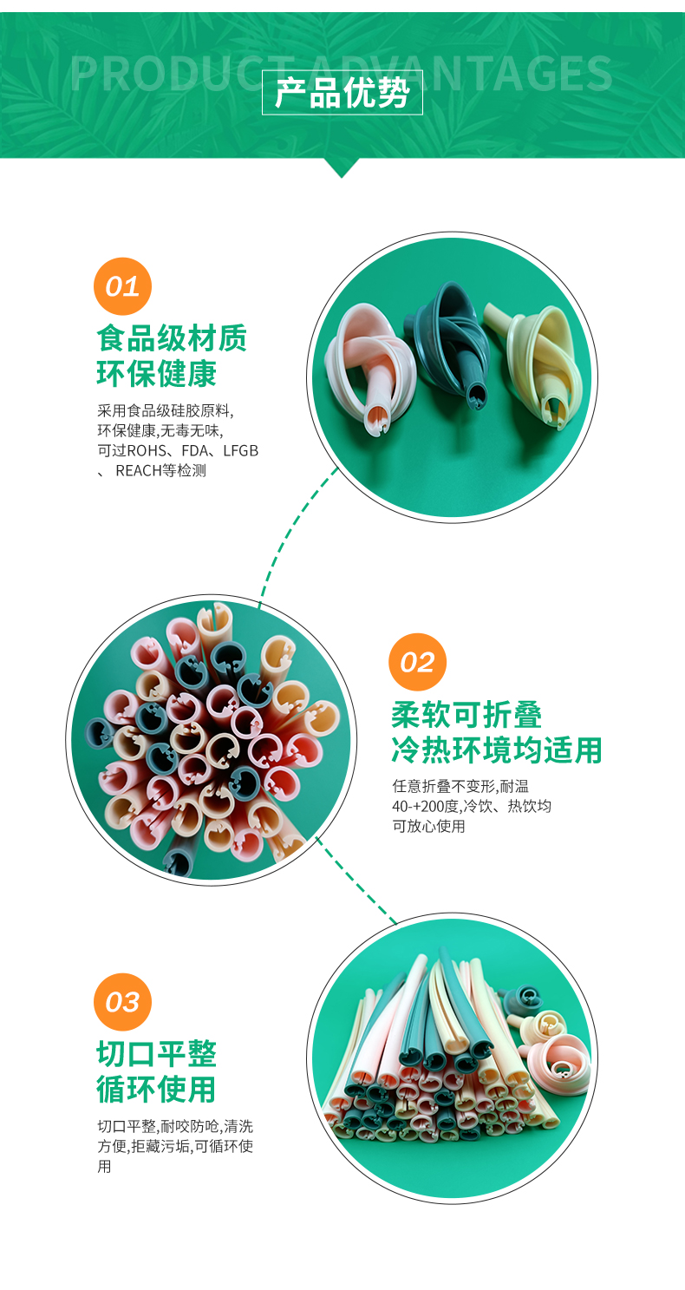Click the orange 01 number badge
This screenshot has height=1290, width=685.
tap(122, 286)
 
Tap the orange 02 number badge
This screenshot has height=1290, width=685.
tap(417, 662)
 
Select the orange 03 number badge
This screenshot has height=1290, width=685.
tap(122, 1001)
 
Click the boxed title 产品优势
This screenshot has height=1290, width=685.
tap(342, 93)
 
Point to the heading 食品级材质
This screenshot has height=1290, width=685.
tap(172, 338)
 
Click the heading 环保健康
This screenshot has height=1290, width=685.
tap(157, 374)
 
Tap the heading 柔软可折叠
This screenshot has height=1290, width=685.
tap(466, 715)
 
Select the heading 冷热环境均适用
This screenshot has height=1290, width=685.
tap(497, 750)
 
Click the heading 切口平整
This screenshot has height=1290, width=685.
tap(157, 1054)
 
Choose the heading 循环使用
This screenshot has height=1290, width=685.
tap(157, 1090)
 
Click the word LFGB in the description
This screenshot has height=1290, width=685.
tap(240, 450)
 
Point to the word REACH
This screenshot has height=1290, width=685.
tap(139, 470)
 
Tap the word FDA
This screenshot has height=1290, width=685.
tap(196, 450)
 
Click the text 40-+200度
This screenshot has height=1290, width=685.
tap(427, 806)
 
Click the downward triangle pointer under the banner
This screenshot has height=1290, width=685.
tap(342, 167)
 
